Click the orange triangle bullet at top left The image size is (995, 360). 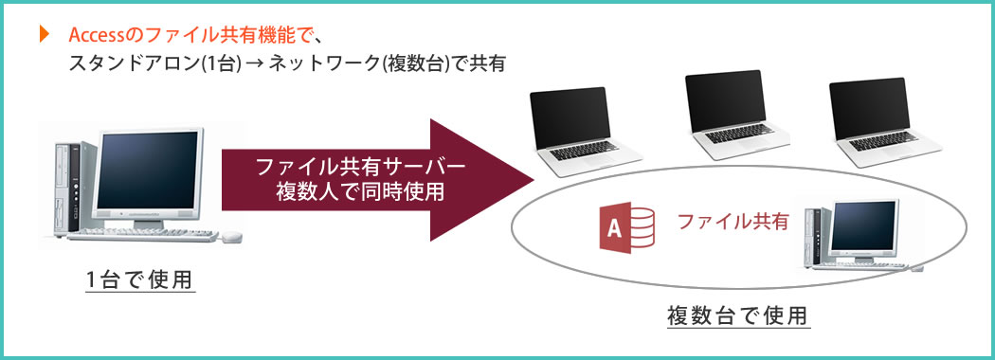coord(43,36)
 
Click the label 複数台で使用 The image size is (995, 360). coord(739,315)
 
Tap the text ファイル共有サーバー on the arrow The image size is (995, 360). coord(361,168)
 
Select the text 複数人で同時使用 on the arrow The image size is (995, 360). coord(360,190)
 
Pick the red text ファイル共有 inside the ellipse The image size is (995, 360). coord(733,223)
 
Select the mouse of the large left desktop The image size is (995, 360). coord(231,237)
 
